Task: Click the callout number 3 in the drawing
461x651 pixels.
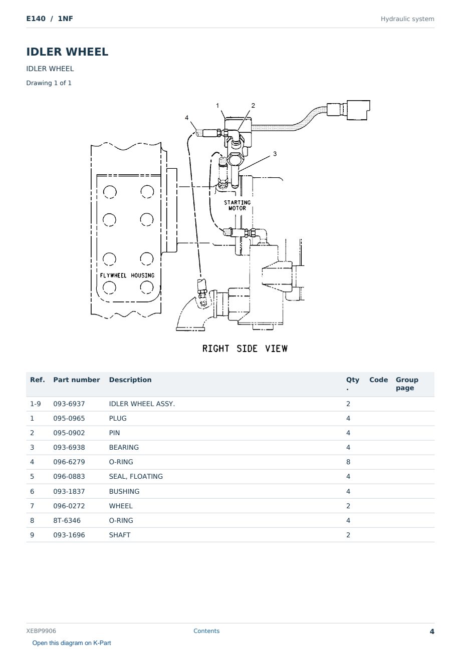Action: [275, 154]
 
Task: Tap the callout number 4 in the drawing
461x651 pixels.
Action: [187, 118]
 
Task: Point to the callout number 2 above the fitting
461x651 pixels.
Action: [253, 106]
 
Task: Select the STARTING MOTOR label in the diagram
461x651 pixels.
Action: [238, 205]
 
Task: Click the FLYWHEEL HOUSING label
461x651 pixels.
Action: [127, 275]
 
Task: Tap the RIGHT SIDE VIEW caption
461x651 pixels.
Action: [245, 349]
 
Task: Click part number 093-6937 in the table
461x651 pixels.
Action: [69, 404]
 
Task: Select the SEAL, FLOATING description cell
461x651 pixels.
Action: [136, 476]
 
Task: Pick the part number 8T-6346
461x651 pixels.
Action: [67, 520]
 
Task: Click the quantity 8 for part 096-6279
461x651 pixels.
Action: [348, 462]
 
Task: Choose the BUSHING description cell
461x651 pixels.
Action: [124, 491]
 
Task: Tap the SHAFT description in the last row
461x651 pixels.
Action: [120, 535]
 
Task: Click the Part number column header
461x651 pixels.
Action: [77, 380]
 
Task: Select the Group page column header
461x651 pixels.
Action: [407, 384]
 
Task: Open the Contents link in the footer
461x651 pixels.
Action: [206, 630]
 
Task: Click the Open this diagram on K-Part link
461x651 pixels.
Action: [72, 642]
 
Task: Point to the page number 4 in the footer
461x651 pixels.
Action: [432, 631]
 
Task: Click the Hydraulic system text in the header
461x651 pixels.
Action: [407, 19]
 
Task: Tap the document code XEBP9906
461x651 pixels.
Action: [41, 630]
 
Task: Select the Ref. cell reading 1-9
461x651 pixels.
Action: [36, 404]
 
